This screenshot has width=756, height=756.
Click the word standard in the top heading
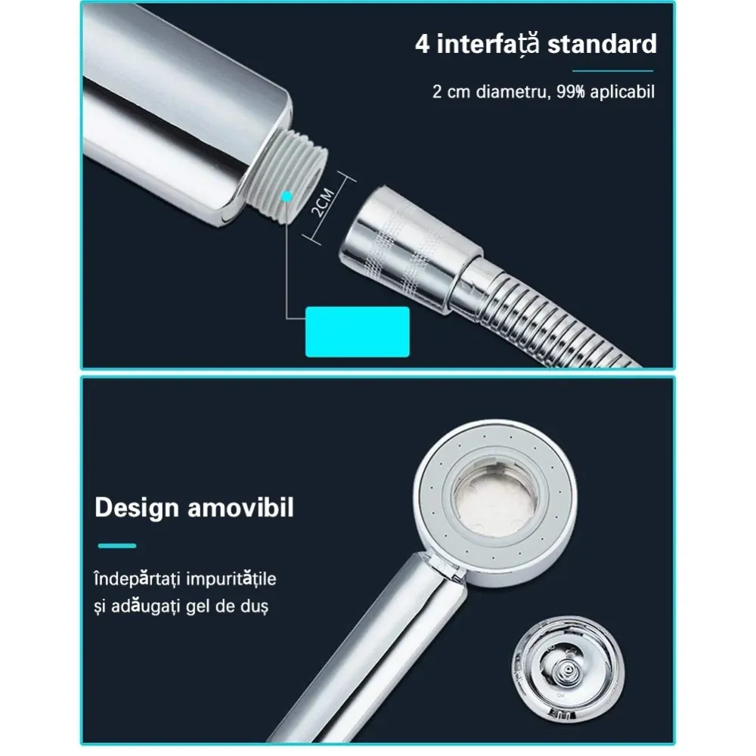tap(602, 45)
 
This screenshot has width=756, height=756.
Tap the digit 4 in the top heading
tap(422, 45)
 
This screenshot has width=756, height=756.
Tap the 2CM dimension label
tap(323, 202)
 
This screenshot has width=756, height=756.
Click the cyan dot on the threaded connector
tap(287, 197)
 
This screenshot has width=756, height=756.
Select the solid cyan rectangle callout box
tap(358, 332)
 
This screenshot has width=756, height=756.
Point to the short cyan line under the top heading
tap(612, 71)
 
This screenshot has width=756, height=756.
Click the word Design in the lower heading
tap(137, 508)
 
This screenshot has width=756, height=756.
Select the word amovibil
tap(240, 508)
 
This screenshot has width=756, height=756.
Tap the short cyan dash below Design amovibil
tap(117, 546)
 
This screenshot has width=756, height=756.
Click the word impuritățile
tap(230, 578)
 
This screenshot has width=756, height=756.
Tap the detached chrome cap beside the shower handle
tap(568, 669)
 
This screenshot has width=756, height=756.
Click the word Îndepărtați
tap(137, 578)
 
